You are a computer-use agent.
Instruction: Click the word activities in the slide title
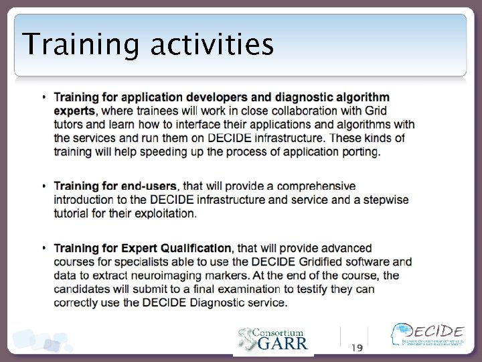tap(212, 46)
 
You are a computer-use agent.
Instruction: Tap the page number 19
tap(357, 347)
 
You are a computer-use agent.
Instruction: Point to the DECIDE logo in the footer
tap(428, 335)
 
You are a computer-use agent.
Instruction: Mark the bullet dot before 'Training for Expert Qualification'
tap(44, 248)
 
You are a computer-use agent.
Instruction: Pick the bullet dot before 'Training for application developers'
tap(44, 97)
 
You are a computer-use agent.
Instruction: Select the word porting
tap(358, 152)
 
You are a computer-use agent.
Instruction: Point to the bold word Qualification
tap(195, 248)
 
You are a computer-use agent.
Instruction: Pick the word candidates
tap(81, 289)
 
